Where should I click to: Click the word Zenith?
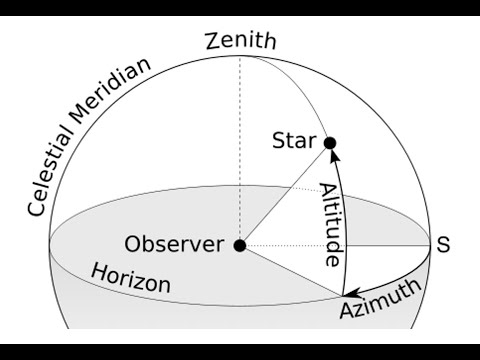coord(239,42)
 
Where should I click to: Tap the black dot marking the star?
coord(330,143)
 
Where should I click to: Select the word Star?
coord(294,142)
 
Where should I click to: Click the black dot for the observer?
coord(240,245)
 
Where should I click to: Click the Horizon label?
coord(130,278)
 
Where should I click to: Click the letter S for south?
coord(444,244)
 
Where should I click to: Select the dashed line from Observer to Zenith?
coord(240,150)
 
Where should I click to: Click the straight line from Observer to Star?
coord(285,194)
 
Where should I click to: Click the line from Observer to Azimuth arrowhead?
coord(290,270)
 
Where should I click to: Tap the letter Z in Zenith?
coord(212,42)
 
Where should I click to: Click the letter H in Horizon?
coord(98,271)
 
